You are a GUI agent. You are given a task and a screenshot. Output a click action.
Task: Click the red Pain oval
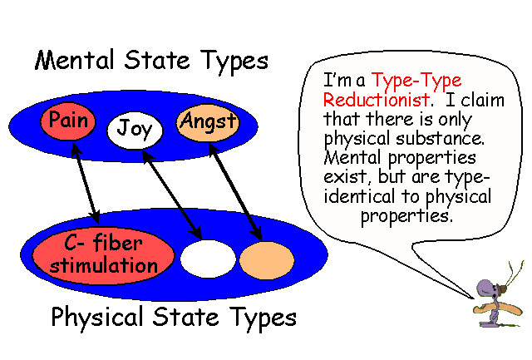tap(68, 121)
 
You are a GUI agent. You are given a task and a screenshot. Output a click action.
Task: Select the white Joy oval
tap(134, 130)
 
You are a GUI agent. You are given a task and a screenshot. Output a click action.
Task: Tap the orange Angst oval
tap(207, 123)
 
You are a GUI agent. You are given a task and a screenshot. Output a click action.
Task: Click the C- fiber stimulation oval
tap(103, 254)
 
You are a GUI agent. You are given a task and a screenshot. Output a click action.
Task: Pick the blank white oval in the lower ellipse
tap(208, 259)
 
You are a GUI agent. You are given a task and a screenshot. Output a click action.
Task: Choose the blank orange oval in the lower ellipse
tap(266, 259)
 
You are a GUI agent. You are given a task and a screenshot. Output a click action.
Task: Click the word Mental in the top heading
tap(75, 61)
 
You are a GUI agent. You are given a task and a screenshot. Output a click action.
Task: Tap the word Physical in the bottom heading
tap(95, 317)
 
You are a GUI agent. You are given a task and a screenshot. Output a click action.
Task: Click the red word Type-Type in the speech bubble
tap(416, 81)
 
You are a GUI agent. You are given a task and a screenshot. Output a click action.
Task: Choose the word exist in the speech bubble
tap(346, 177)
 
